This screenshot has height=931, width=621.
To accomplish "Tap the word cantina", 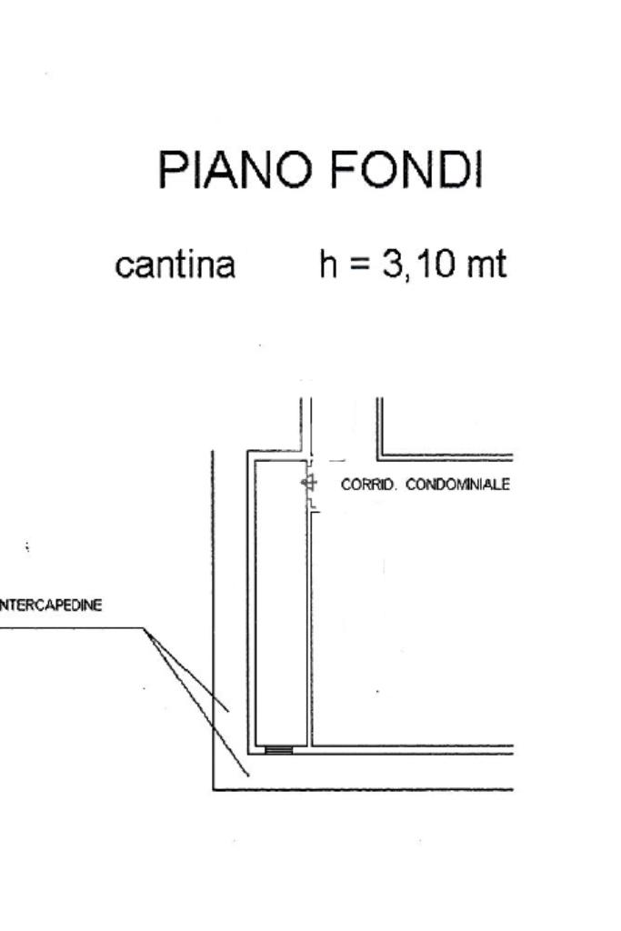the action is (175, 265).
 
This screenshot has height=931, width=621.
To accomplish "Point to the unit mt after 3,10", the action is (482, 265).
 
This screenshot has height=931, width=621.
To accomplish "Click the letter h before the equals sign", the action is (327, 265).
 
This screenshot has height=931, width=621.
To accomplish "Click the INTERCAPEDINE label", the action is (51, 606).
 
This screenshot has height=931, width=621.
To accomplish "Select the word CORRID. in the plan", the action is (369, 485).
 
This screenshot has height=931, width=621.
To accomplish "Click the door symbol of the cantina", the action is (309, 483).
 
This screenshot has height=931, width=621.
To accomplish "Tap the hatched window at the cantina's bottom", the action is (279, 750).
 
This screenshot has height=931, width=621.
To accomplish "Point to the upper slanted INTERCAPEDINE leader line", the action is (186, 669).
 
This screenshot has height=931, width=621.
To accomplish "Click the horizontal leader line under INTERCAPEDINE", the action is (73, 627).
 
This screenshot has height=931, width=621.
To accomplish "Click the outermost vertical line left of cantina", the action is (213, 618).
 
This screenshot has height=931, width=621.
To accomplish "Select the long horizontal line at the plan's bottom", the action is (364, 789).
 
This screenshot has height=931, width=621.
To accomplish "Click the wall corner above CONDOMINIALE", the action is (380, 455).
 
